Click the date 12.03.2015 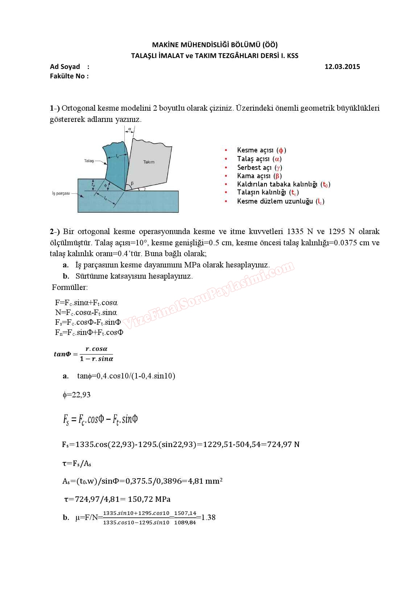tap(342, 66)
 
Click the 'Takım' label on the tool tap(149, 162)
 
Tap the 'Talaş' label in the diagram tap(89, 161)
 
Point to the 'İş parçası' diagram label tap(61, 193)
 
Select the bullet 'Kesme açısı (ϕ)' tap(261, 150)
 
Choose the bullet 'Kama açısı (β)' tap(259, 176)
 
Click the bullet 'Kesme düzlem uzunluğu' tap(280, 201)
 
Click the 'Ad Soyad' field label tap(65, 66)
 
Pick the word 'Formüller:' tap(70, 287)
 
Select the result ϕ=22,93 tap(77, 395)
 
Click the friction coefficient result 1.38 tap(209, 517)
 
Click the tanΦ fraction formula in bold tap(84, 354)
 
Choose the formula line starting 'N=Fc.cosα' tap(86, 312)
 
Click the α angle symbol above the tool tap(129, 129)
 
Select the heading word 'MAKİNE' tap(165, 45)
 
